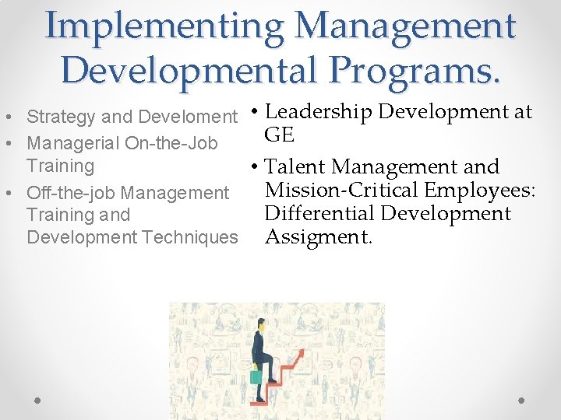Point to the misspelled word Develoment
coord(188,117)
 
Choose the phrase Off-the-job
coord(72,192)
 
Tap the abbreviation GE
coord(279,135)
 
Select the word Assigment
coord(319,236)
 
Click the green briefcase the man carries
coord(256,376)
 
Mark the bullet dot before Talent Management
coord(256,167)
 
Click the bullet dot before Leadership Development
coord(256,113)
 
